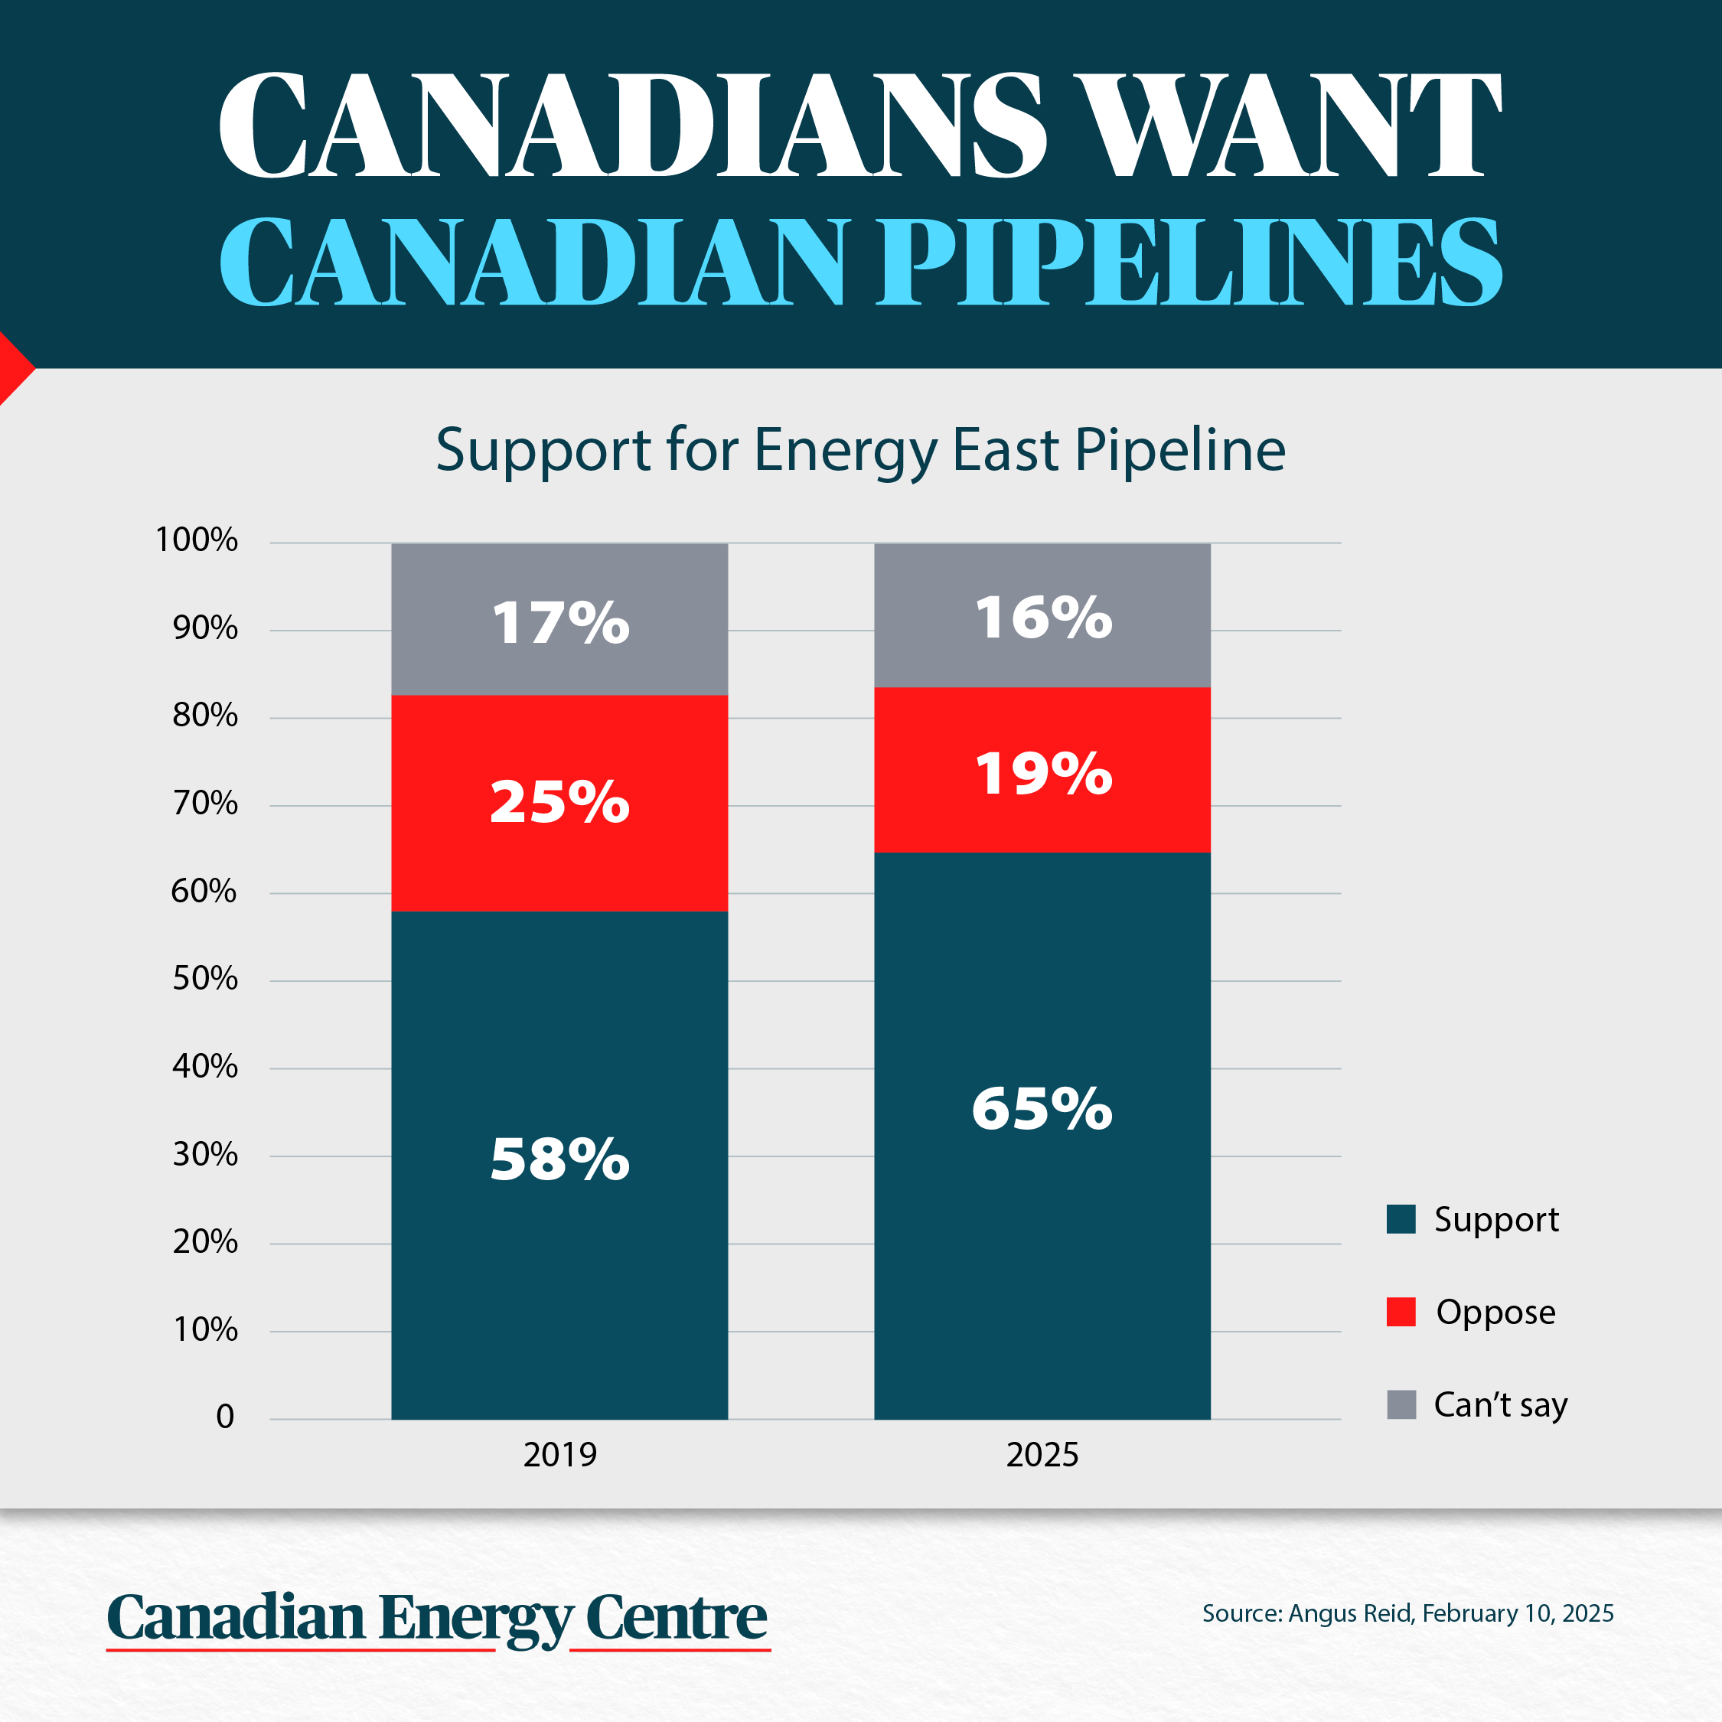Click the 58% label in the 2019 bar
559,1159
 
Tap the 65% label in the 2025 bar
1042,1110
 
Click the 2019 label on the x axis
559,1455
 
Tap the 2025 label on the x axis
1042,1455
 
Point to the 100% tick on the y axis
196,540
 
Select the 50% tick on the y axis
205,979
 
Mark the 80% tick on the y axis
205,716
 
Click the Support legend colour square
1401,1218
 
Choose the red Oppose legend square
1401,1311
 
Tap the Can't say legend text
1500,1404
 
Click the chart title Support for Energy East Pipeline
860,450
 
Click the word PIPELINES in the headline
1191,263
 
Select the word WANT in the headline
1287,125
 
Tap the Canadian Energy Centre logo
437,1618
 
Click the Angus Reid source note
1407,1613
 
